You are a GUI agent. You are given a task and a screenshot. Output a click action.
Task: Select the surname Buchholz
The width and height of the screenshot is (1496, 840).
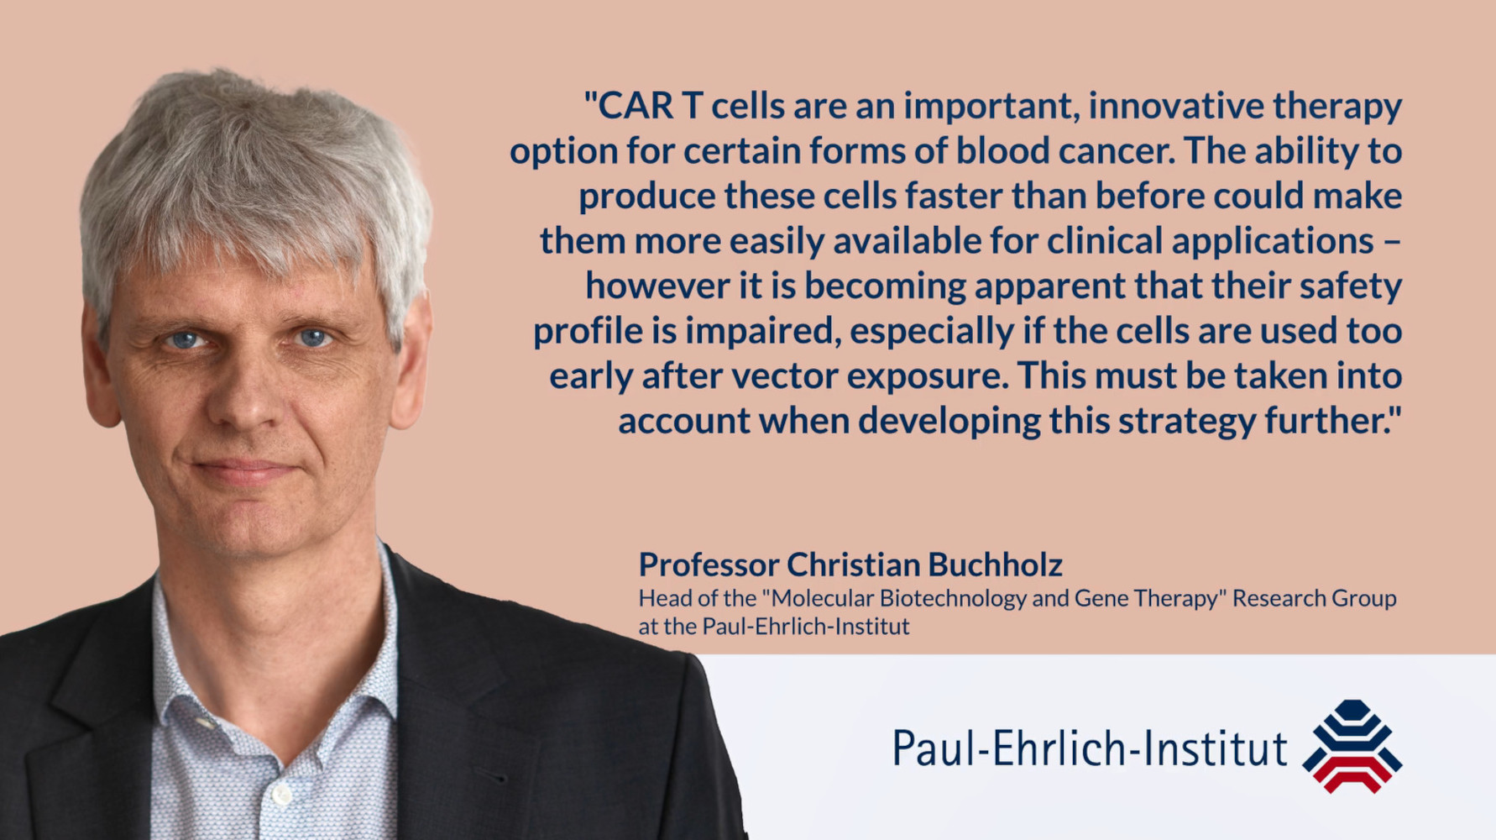coord(995,564)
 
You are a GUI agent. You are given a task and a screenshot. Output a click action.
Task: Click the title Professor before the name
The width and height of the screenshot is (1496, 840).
coord(709,564)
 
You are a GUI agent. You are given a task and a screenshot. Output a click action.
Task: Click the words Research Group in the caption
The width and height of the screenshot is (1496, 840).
coord(1314,599)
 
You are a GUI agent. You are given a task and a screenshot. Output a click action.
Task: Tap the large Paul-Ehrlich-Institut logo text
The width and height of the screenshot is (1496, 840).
coord(1089,748)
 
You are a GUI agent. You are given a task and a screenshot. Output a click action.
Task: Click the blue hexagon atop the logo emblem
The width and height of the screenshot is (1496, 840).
coord(1352,709)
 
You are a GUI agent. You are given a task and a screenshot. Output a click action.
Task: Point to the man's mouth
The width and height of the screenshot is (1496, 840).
coord(243,470)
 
